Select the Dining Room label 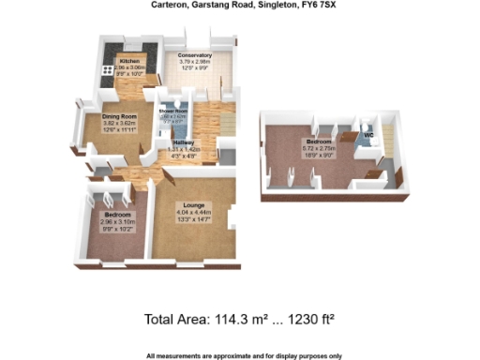(x=120, y=116)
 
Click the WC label (x=368, y=134)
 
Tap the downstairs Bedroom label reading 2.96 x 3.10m (x=117, y=215)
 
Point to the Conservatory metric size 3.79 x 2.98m (x=195, y=63)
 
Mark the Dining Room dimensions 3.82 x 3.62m (x=120, y=123)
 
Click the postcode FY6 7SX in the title (x=310, y=5)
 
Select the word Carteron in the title (x=171, y=5)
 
